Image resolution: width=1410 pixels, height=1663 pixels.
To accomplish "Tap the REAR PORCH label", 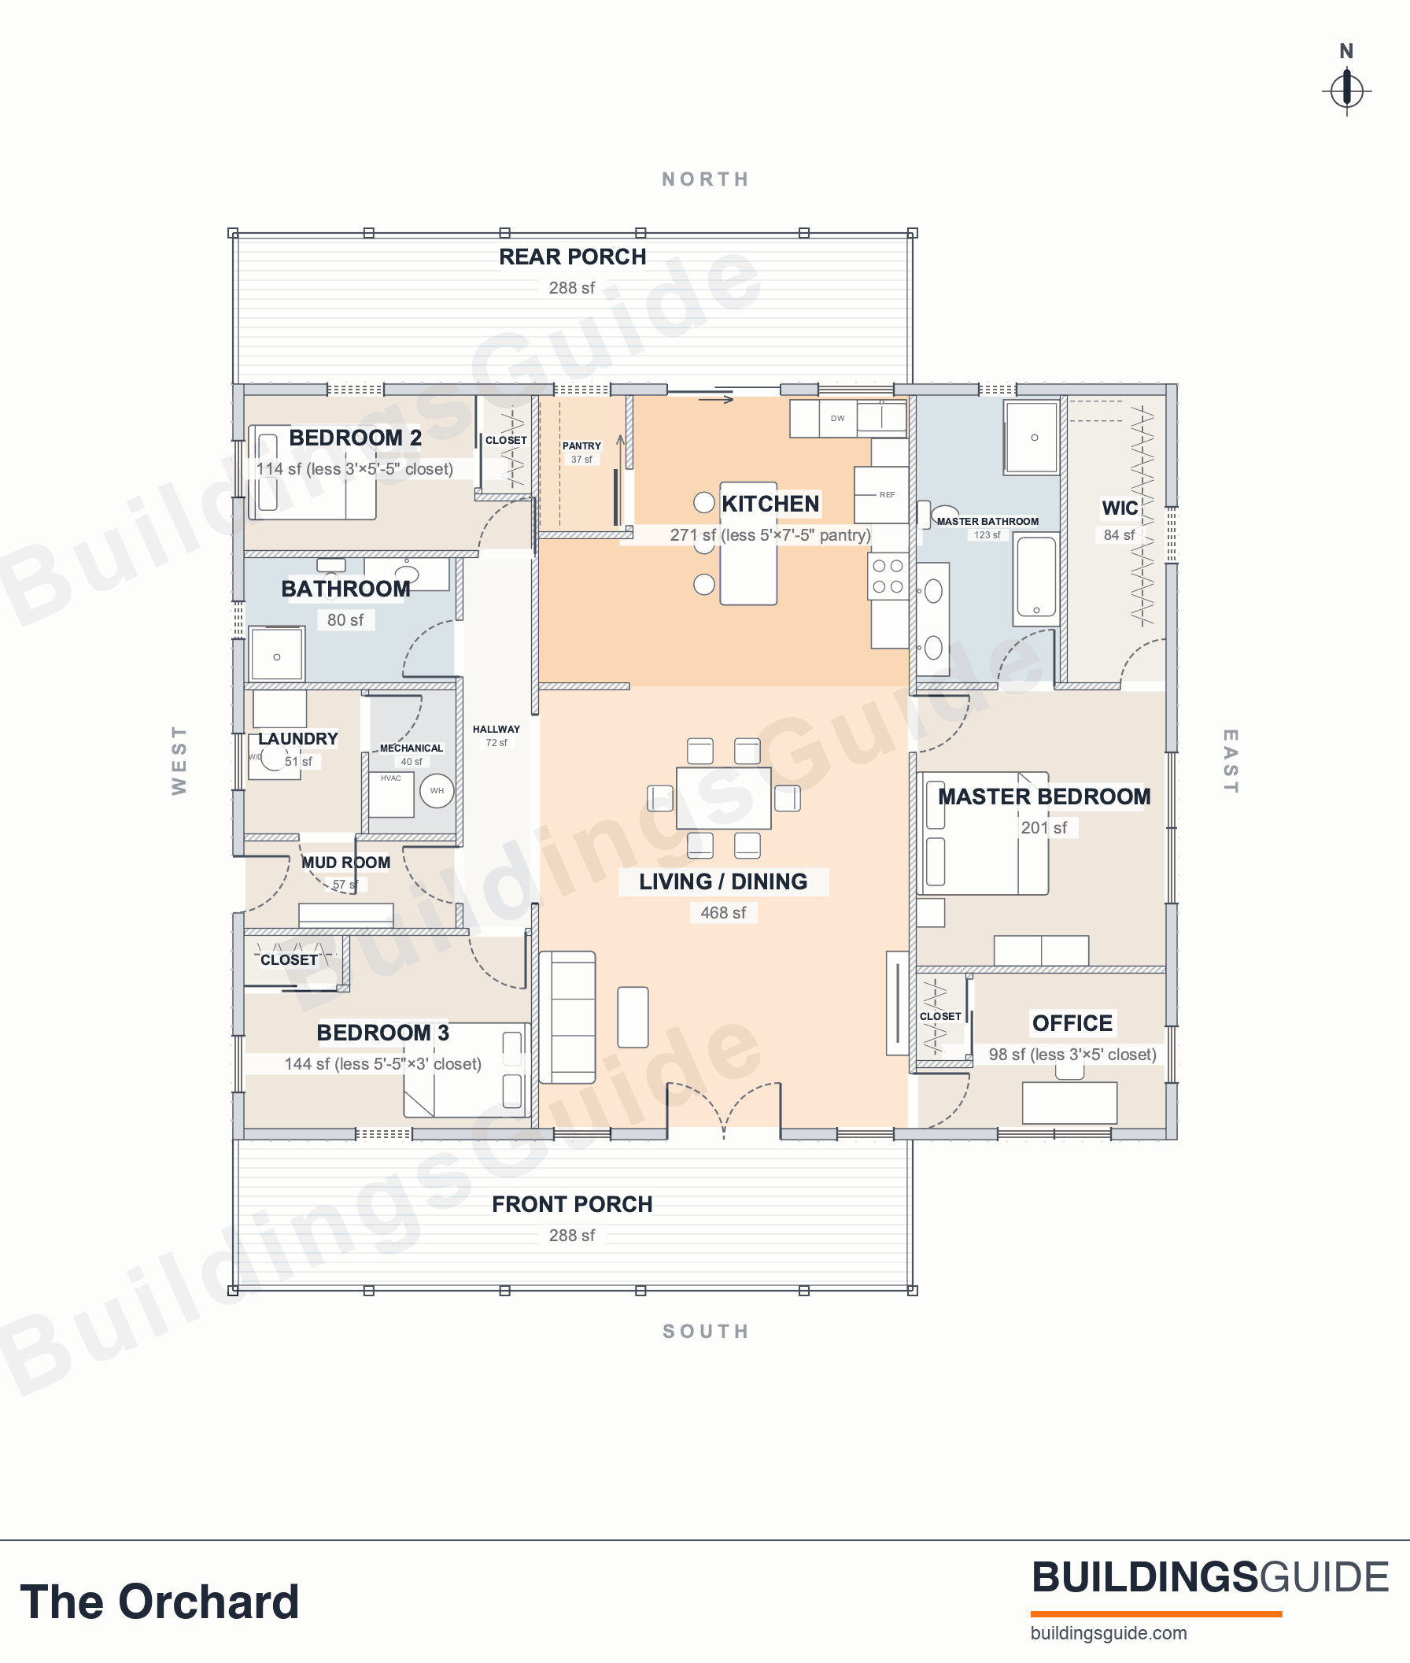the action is click(x=572, y=257).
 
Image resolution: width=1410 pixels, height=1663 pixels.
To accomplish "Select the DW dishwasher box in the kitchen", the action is click(x=838, y=418).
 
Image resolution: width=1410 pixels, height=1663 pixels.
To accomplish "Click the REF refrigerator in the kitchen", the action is click(x=882, y=495).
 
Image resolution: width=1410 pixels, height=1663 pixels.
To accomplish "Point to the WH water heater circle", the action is click(x=437, y=791).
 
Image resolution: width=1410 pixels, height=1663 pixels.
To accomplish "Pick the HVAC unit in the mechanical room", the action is click(x=392, y=794).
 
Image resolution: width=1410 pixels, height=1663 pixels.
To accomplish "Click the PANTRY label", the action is click(x=581, y=446).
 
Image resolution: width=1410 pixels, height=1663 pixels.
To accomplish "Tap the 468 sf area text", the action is click(x=723, y=912).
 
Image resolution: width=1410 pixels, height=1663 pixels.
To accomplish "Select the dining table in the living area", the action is click(x=723, y=798).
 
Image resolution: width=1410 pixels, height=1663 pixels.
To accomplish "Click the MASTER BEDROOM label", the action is click(x=1044, y=796).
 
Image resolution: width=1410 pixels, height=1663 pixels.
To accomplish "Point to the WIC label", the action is click(x=1120, y=508).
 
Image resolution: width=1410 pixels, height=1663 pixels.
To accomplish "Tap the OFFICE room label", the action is click(x=1072, y=1023).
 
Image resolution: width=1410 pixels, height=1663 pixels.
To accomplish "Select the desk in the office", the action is click(x=1069, y=1103).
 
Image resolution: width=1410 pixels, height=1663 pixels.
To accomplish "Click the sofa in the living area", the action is click(x=567, y=1017).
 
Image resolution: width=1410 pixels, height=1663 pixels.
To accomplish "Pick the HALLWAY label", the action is click(x=496, y=729).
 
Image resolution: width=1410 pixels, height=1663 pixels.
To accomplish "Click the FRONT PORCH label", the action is click(x=572, y=1204).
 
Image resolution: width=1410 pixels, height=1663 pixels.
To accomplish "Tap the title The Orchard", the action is click(x=160, y=1602).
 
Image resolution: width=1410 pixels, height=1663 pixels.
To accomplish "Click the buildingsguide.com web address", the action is click(x=1109, y=1633).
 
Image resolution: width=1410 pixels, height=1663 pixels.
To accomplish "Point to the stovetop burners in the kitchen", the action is click(x=888, y=576).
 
